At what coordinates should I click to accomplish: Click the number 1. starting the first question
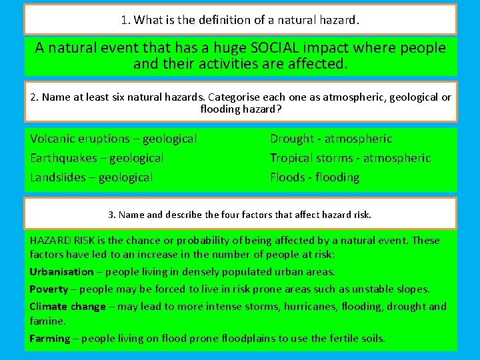click(126, 20)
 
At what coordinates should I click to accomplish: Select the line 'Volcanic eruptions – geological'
click(113, 139)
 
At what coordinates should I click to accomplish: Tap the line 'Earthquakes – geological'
click(97, 158)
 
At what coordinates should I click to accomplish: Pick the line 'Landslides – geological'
click(91, 177)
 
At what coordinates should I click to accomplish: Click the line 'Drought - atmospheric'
click(331, 139)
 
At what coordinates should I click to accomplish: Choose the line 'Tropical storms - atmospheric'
click(350, 158)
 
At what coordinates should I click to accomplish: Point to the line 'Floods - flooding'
click(314, 177)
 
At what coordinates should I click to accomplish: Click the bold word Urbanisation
click(61, 272)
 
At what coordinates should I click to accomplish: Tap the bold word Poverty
click(49, 289)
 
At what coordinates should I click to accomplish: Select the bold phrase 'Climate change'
click(67, 307)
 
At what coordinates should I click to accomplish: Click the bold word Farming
click(49, 339)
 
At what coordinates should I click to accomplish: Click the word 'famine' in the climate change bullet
click(47, 321)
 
